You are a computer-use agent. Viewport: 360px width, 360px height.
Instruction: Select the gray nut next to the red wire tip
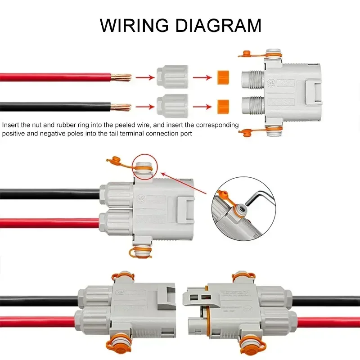(x=171, y=77)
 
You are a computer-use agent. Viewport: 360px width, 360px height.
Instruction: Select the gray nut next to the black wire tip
(x=171, y=107)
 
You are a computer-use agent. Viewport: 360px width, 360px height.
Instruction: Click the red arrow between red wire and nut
(x=144, y=77)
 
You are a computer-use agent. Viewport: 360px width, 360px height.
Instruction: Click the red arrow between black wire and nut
(x=144, y=107)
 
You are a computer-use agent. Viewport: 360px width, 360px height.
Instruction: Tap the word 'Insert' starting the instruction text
(x=10, y=125)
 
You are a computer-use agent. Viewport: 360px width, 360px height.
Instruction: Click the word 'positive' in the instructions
(x=14, y=134)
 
